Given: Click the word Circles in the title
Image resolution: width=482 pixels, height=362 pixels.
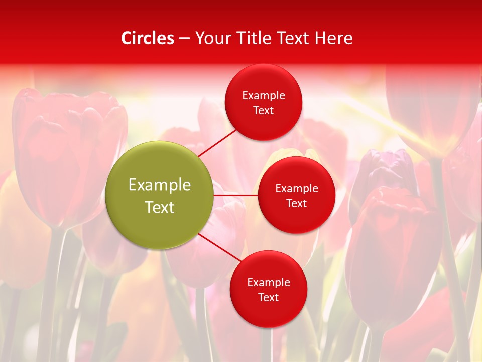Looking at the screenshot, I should click(148, 38).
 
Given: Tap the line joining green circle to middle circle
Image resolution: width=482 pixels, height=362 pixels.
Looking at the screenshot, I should click(235, 195).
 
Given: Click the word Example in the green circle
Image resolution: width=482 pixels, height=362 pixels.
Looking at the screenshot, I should click(160, 185).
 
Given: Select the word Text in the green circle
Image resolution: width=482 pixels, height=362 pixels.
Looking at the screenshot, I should click(160, 207).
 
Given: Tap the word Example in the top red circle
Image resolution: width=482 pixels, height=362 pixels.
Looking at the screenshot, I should click(264, 96).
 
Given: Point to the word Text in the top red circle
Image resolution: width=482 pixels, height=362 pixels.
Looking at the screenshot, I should click(264, 111).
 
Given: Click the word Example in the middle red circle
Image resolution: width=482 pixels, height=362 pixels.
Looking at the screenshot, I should click(297, 189).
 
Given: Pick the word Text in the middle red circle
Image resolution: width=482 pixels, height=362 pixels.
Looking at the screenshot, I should click(297, 204).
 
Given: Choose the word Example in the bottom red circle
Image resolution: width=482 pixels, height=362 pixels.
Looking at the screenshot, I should click(269, 283).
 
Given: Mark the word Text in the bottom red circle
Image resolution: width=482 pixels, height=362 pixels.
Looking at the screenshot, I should click(269, 298).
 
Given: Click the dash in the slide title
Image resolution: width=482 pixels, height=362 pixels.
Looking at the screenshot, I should click(184, 39).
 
